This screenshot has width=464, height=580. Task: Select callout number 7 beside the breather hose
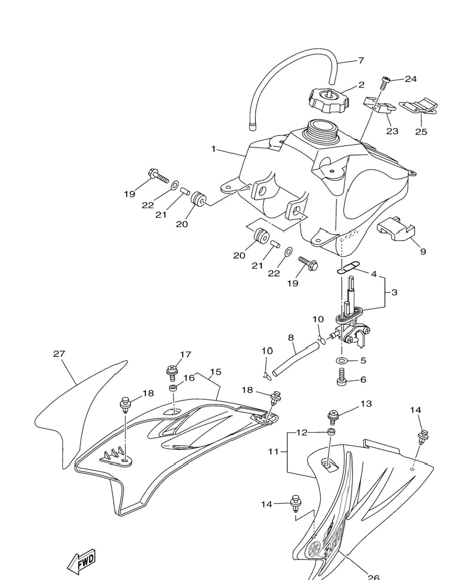pyautogui.click(x=361, y=61)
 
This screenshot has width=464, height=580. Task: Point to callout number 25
pyautogui.click(x=421, y=132)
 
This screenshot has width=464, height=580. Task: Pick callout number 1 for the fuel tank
pyautogui.click(x=214, y=149)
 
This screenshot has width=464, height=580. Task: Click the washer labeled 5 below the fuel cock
pyautogui.click(x=341, y=360)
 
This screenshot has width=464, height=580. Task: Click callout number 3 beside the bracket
pyautogui.click(x=394, y=292)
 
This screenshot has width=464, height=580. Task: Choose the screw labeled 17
pyautogui.click(x=172, y=373)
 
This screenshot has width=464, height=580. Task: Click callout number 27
pyautogui.click(x=59, y=354)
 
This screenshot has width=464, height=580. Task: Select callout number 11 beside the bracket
pyautogui.click(x=273, y=451)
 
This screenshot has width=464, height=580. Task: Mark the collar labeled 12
pyautogui.click(x=331, y=432)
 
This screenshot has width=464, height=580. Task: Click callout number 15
pyautogui.click(x=215, y=372)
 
